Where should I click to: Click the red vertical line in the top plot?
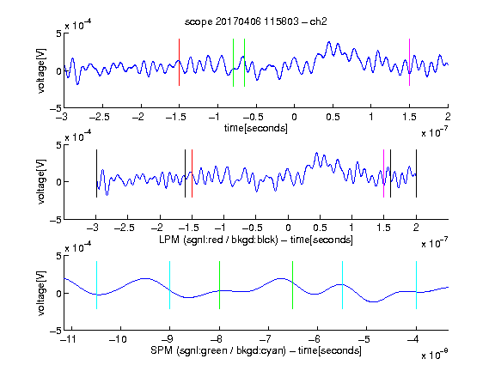[x=179, y=62]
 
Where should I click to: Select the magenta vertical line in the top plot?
[x=409, y=62]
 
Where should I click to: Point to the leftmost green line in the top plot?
[x=233, y=63]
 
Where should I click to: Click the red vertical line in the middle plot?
[x=192, y=173]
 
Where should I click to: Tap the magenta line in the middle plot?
[x=383, y=173]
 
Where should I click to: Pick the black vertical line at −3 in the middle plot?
[x=96, y=173]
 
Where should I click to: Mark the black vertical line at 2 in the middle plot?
[x=416, y=173]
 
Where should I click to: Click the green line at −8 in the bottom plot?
[x=219, y=285]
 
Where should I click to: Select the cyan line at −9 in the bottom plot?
[x=169, y=285]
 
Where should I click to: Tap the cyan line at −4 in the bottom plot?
[x=416, y=285]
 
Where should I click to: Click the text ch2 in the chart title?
[x=318, y=21]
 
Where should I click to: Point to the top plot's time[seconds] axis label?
[x=256, y=128]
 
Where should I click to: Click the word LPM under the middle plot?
[x=169, y=240]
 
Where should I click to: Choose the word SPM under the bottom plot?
[x=162, y=350]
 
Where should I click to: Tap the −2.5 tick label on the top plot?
[x=100, y=117]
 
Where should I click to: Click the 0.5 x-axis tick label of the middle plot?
[x=320, y=228]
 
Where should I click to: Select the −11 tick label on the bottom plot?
[x=68, y=339]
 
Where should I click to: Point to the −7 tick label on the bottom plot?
[x=267, y=339]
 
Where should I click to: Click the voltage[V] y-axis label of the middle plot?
[x=41, y=182]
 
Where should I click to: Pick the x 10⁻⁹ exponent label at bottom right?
[x=435, y=355]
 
